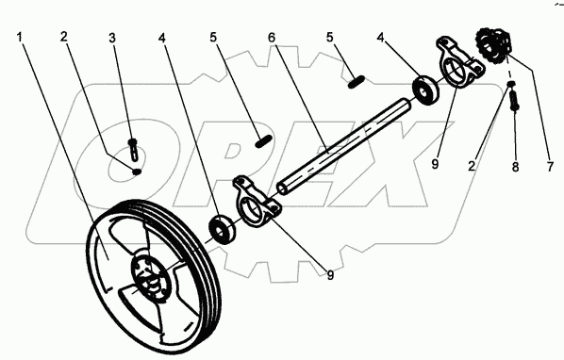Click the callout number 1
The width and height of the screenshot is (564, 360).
(x=20, y=37)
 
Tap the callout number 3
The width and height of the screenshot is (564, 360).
(x=112, y=38)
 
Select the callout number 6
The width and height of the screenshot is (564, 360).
(x=272, y=38)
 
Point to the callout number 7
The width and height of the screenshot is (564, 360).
(x=550, y=167)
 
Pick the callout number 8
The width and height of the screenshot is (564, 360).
(x=516, y=167)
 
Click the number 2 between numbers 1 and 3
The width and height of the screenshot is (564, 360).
(x=64, y=37)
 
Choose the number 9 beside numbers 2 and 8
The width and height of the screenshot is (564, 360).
(x=435, y=164)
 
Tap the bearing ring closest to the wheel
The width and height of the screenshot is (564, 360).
(x=223, y=230)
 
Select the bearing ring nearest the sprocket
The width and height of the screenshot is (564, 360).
(x=426, y=89)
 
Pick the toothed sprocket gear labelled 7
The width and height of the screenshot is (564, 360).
(x=492, y=45)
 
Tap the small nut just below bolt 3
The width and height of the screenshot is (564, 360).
(x=137, y=172)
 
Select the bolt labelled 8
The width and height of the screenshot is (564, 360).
(x=514, y=100)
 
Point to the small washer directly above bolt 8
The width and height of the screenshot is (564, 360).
(x=511, y=84)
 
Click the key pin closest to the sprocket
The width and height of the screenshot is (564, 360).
(x=357, y=82)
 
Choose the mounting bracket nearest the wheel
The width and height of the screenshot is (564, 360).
(x=257, y=201)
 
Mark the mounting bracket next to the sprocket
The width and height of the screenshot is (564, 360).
(x=460, y=62)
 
